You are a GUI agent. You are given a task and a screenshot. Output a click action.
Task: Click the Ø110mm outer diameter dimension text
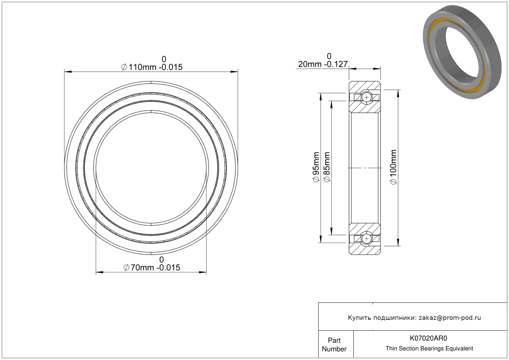pyautogui.click(x=152, y=67)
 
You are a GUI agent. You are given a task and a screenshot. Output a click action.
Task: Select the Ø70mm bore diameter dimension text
pyautogui.click(x=152, y=268)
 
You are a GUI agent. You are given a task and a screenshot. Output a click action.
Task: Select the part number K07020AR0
pyautogui.click(x=428, y=338)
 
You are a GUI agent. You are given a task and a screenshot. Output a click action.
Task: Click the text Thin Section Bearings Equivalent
pyautogui.click(x=429, y=349)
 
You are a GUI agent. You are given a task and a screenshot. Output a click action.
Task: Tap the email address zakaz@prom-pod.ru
pyautogui.click(x=450, y=318)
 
